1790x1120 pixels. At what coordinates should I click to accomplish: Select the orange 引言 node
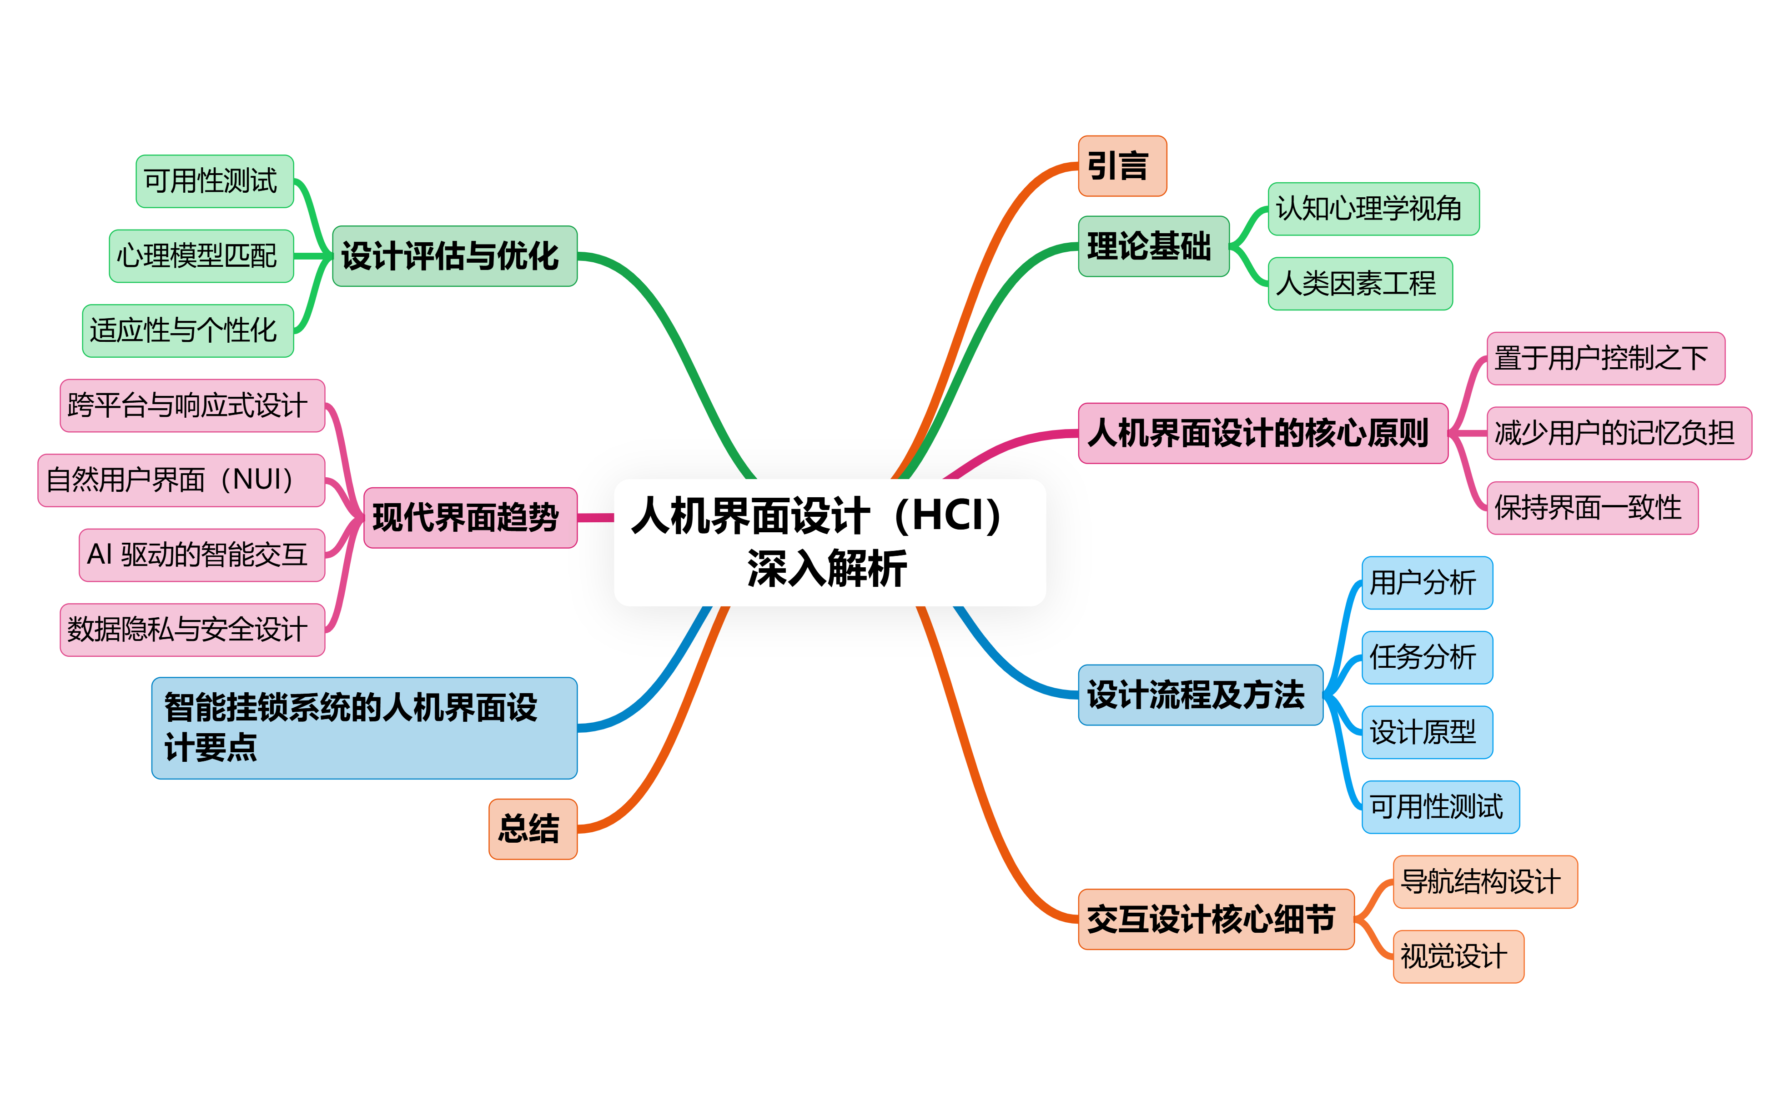pos(1122,166)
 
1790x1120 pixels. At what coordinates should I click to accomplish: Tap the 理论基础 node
pos(1153,247)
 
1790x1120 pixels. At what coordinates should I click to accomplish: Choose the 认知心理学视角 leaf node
pos(1373,209)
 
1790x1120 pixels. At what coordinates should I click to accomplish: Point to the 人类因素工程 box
pos(1359,284)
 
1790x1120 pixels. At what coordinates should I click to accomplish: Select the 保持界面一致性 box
pos(1591,508)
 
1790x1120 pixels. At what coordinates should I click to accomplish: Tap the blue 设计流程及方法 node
pos(1200,695)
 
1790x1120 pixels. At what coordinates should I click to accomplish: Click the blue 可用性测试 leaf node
pos(1439,807)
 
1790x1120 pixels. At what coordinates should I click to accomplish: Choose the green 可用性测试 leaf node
pos(214,181)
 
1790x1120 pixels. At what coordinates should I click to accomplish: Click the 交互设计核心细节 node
pos(1215,919)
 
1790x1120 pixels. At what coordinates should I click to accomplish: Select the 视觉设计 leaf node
pos(1458,956)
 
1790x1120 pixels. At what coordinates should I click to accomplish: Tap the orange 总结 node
pos(532,829)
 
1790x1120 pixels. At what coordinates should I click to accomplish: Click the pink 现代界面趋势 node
pos(470,518)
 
